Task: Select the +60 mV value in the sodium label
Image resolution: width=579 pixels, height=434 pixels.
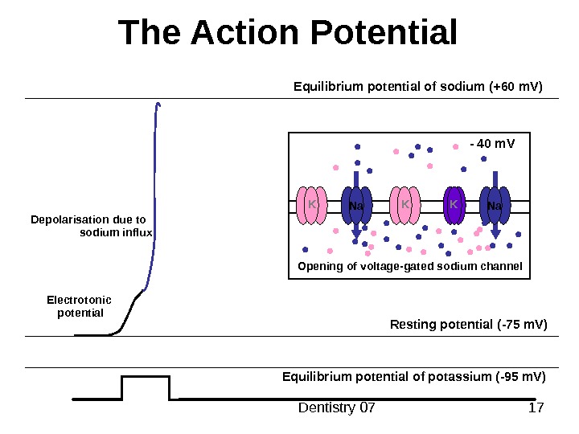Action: pyautogui.click(x=515, y=85)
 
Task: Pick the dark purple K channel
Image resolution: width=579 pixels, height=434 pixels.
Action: pyautogui.click(x=454, y=206)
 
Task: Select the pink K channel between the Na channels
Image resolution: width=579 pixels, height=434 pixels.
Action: pyautogui.click(x=405, y=206)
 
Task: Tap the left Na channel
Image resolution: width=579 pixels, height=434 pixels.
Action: pyautogui.click(x=356, y=207)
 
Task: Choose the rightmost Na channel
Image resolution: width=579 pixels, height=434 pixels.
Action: pyautogui.click(x=495, y=207)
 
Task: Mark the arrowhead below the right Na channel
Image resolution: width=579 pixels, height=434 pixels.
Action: pyautogui.click(x=495, y=234)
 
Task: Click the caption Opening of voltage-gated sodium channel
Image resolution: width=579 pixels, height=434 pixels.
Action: pyautogui.click(x=410, y=266)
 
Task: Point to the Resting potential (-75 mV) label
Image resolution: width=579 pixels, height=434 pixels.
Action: pyautogui.click(x=468, y=325)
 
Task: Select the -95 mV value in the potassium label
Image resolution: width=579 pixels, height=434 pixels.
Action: pyautogui.click(x=523, y=377)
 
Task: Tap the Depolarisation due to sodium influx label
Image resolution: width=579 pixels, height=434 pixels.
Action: pyautogui.click(x=90, y=226)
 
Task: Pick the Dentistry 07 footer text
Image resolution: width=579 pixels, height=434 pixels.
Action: pyautogui.click(x=337, y=408)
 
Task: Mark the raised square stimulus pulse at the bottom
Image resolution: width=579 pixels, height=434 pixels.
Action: pyautogui.click(x=146, y=386)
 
